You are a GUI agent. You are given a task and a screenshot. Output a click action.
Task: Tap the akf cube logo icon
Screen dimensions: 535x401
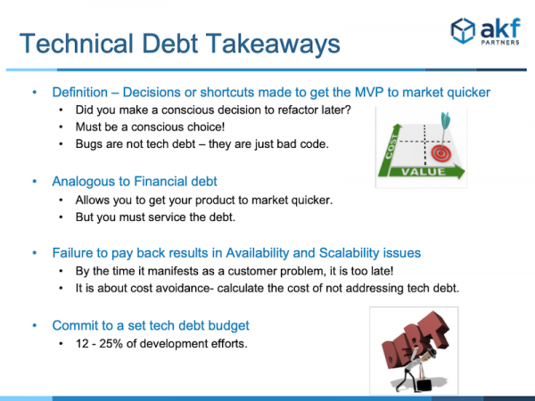pos(463,30)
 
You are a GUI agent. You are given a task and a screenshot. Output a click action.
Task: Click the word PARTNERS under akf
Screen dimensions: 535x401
pos(500,43)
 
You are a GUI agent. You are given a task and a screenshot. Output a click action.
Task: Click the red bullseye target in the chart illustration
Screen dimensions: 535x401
pos(441,153)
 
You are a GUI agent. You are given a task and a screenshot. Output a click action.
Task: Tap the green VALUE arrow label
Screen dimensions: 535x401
pos(424,171)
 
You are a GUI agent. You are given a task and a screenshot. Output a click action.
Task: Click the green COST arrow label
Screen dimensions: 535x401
pos(391,147)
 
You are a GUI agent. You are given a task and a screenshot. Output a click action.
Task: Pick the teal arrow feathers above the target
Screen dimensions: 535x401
pos(445,120)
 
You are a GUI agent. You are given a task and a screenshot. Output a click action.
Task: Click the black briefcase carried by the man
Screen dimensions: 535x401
pos(424,384)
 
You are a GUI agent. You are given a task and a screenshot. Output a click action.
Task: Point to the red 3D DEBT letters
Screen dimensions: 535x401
pos(415,341)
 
